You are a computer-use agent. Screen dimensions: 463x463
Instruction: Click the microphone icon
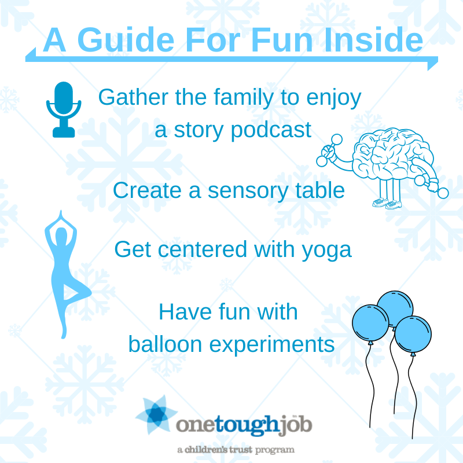(64, 109)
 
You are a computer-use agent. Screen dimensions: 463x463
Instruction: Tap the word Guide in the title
(126, 40)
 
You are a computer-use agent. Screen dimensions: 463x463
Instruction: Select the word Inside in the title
(373, 39)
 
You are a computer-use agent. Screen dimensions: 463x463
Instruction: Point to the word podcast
(271, 131)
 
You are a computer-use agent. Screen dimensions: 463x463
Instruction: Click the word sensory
(248, 192)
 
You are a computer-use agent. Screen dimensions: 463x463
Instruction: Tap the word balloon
(166, 344)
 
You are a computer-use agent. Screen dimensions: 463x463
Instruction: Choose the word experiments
(271, 344)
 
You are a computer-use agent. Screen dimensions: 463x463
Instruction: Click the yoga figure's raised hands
(61, 215)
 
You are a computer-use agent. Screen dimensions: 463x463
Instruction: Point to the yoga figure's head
(61, 236)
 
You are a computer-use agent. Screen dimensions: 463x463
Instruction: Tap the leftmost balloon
(370, 324)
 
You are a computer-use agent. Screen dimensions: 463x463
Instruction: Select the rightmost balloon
(413, 335)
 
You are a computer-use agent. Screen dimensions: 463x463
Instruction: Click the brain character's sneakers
(387, 203)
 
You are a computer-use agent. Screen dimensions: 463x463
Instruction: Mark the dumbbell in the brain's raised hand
(329, 150)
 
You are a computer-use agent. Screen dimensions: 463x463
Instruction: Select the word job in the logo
(296, 425)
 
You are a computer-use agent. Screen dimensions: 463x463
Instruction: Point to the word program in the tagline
(274, 450)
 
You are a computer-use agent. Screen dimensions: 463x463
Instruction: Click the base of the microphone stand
(64, 132)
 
